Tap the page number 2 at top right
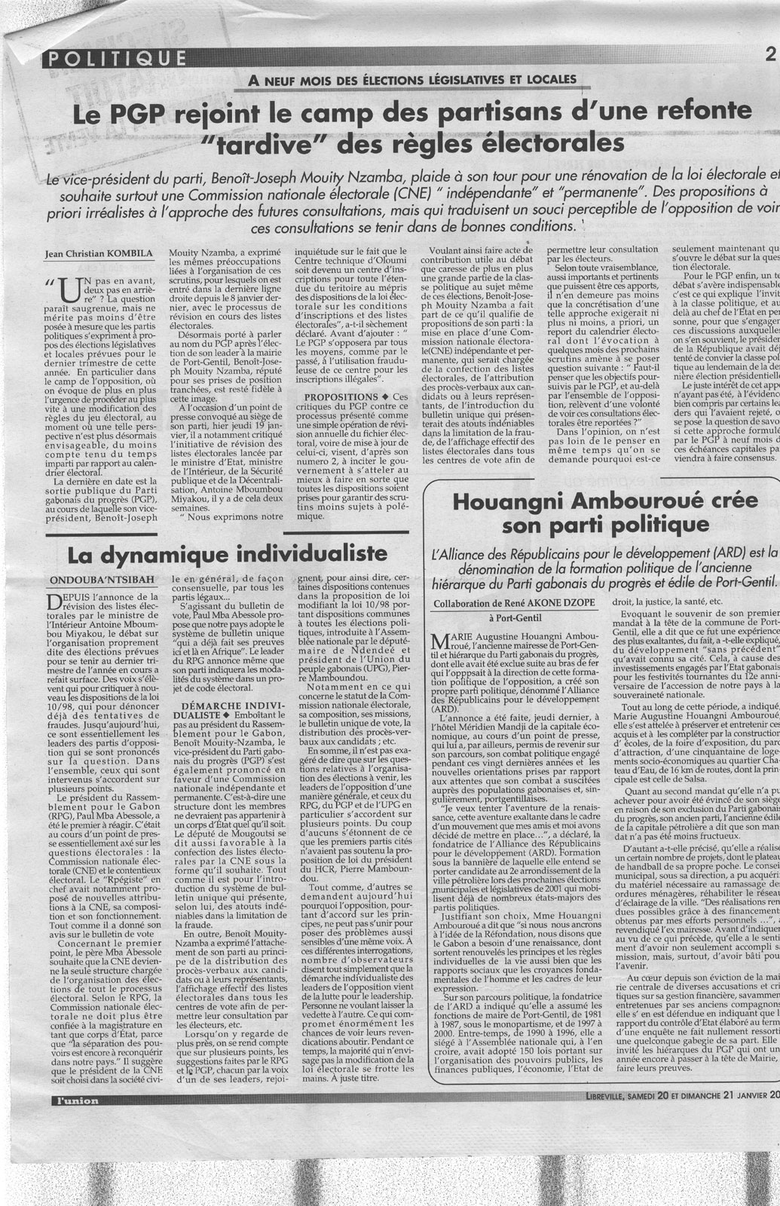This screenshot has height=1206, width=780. [769, 54]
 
